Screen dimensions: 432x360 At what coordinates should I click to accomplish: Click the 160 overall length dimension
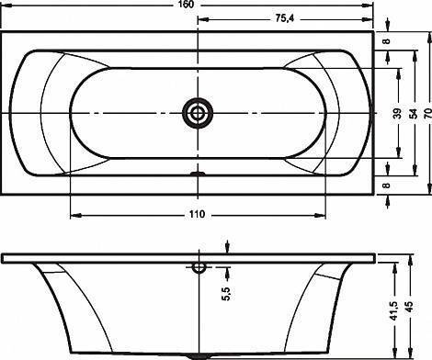click(x=187, y=4)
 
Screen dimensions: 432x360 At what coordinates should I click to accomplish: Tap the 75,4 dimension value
click(x=284, y=18)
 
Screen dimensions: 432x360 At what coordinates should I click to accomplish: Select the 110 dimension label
click(x=197, y=214)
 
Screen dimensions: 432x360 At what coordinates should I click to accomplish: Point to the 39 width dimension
click(x=397, y=113)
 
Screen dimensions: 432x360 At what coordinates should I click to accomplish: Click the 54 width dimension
click(x=414, y=113)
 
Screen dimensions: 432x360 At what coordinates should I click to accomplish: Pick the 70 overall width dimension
click(x=428, y=113)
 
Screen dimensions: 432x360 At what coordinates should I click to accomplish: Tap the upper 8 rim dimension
click(x=387, y=41)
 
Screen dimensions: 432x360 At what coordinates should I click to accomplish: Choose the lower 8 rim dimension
click(x=387, y=186)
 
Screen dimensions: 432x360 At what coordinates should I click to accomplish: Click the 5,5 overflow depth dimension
click(x=226, y=294)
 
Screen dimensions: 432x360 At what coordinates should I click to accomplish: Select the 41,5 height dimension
click(x=393, y=311)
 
